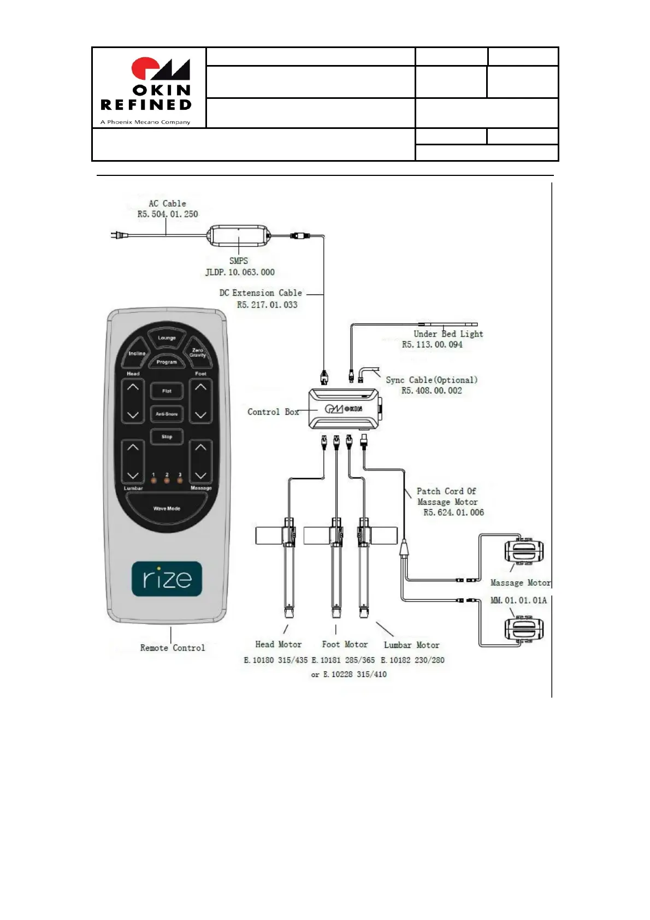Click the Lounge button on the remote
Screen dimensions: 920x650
click(167, 338)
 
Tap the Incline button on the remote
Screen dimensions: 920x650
click(137, 353)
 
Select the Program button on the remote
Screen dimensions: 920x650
click(167, 362)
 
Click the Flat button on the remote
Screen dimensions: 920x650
click(167, 391)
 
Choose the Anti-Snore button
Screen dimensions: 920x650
click(167, 414)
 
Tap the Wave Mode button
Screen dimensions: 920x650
click(167, 509)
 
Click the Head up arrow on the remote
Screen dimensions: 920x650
click(133, 387)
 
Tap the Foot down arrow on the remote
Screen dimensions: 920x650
click(200, 415)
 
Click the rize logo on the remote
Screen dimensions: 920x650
click(167, 579)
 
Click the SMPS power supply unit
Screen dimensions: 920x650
click(239, 235)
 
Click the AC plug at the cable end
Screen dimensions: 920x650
click(118, 235)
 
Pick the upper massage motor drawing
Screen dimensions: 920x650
click(524, 551)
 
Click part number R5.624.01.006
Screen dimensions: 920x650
click(453, 512)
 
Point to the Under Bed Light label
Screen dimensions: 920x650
click(448, 334)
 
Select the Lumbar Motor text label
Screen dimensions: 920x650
click(411, 645)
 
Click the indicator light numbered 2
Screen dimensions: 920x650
click(167, 481)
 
